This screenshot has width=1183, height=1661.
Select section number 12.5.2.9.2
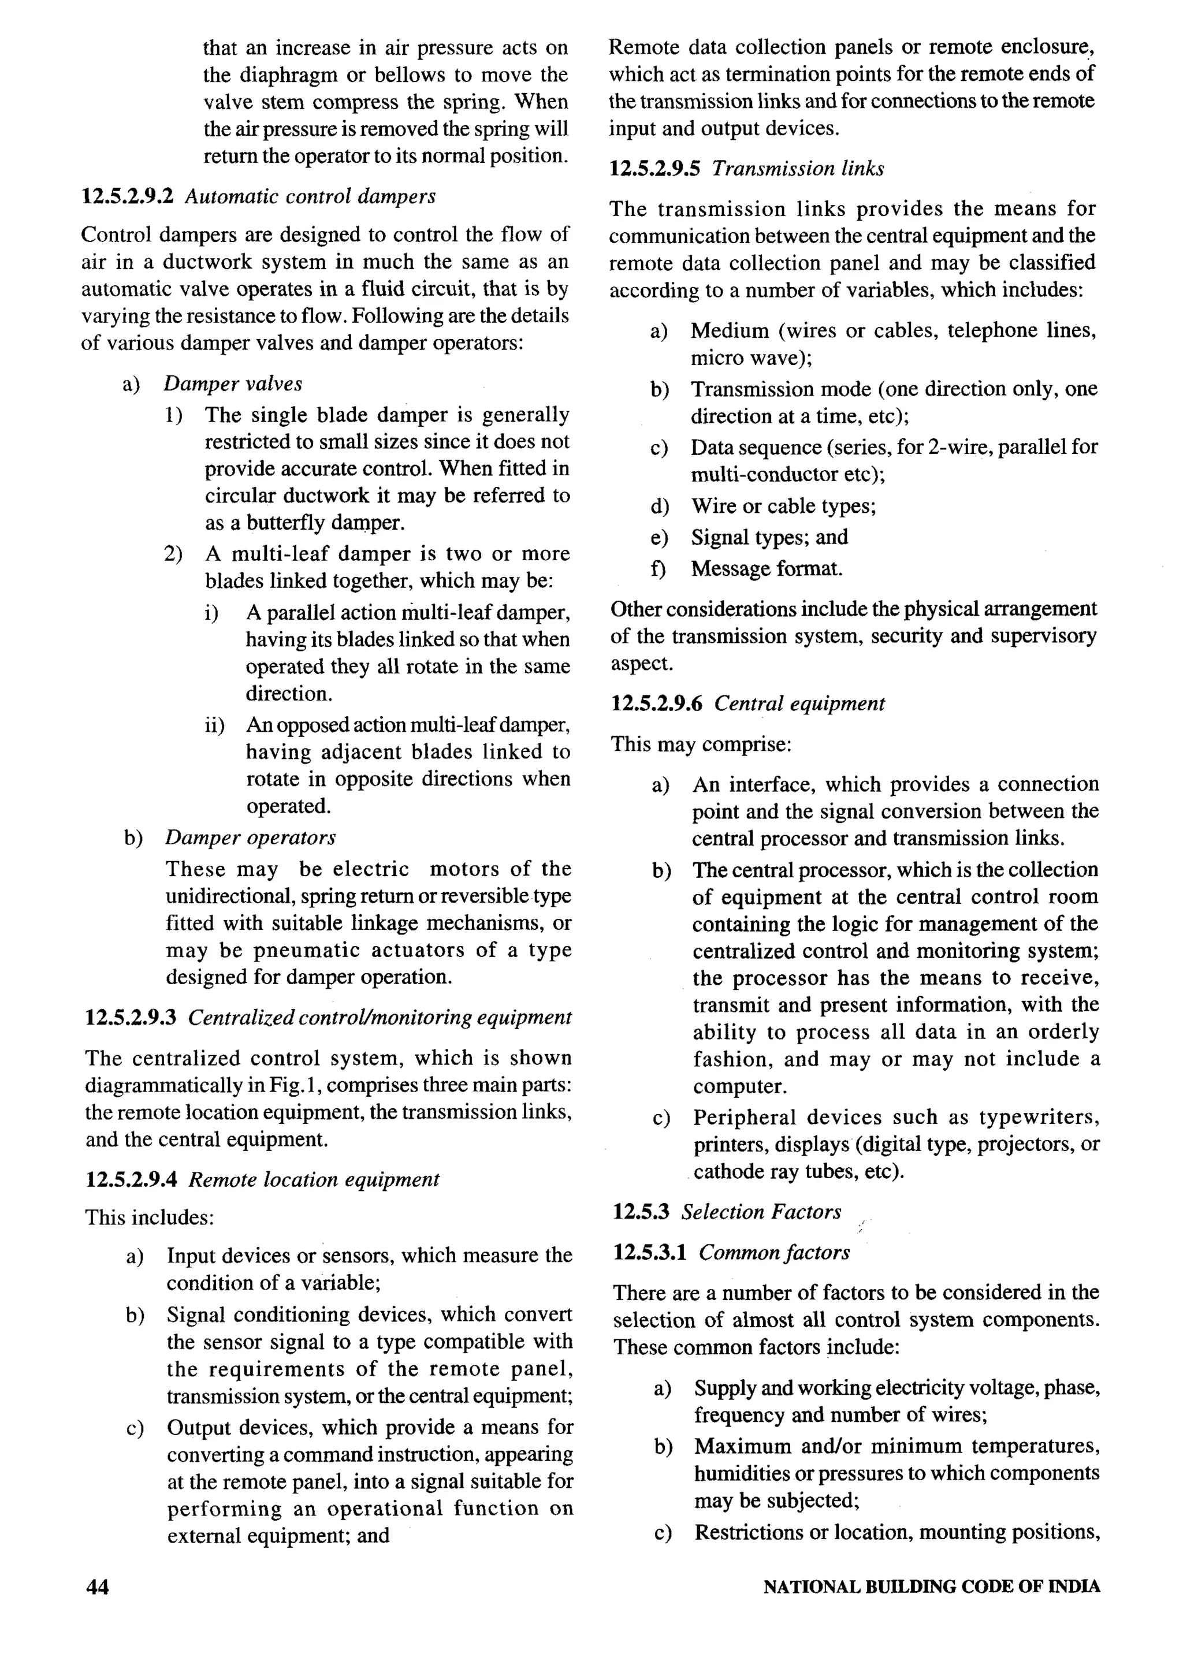(x=128, y=196)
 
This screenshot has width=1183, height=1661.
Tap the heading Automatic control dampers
(x=310, y=196)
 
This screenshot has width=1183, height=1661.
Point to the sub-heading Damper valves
(x=232, y=383)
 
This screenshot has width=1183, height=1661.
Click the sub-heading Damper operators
(x=250, y=837)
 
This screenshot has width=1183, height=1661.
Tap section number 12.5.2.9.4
(x=131, y=1180)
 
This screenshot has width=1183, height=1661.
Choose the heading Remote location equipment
(x=314, y=1180)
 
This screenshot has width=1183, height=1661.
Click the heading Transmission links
(x=798, y=169)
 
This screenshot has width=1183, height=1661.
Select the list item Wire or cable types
(x=783, y=505)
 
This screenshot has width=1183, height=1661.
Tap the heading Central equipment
(x=799, y=703)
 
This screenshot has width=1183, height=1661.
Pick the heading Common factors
(x=773, y=1253)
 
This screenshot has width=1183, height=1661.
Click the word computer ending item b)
(x=739, y=1086)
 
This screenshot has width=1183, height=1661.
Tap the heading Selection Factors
(x=761, y=1212)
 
